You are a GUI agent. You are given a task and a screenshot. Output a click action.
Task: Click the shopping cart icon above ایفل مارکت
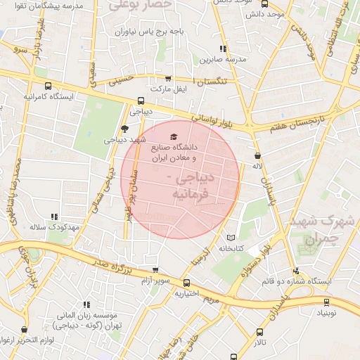click(x=167, y=79)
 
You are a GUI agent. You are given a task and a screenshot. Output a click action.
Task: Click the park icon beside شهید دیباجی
click(x=125, y=128)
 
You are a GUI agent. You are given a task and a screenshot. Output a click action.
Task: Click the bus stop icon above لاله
click(x=257, y=156)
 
